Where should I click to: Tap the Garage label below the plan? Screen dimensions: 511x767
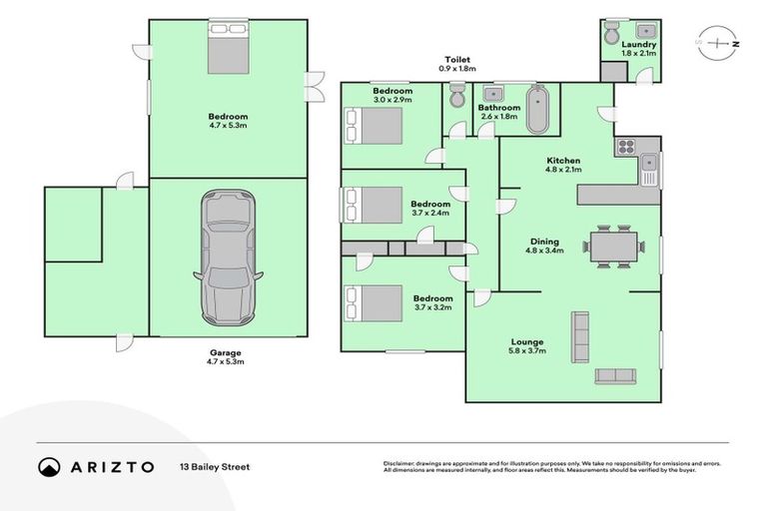[226, 352]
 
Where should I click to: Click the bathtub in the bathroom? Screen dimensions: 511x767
[538, 111]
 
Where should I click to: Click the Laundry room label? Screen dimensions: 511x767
[638, 45]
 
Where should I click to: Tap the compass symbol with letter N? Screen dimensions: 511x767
[717, 44]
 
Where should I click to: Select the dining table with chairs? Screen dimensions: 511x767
[609, 247]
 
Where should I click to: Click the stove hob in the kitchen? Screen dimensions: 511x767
[626, 148]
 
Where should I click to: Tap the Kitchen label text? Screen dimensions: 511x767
[562, 161]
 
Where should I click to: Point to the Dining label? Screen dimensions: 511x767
[544, 242]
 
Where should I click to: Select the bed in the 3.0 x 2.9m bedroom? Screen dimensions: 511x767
[373, 127]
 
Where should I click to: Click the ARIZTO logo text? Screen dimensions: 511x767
[111, 466]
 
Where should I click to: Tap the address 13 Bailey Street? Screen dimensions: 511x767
[215, 466]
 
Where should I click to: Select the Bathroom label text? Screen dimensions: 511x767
[498, 108]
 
